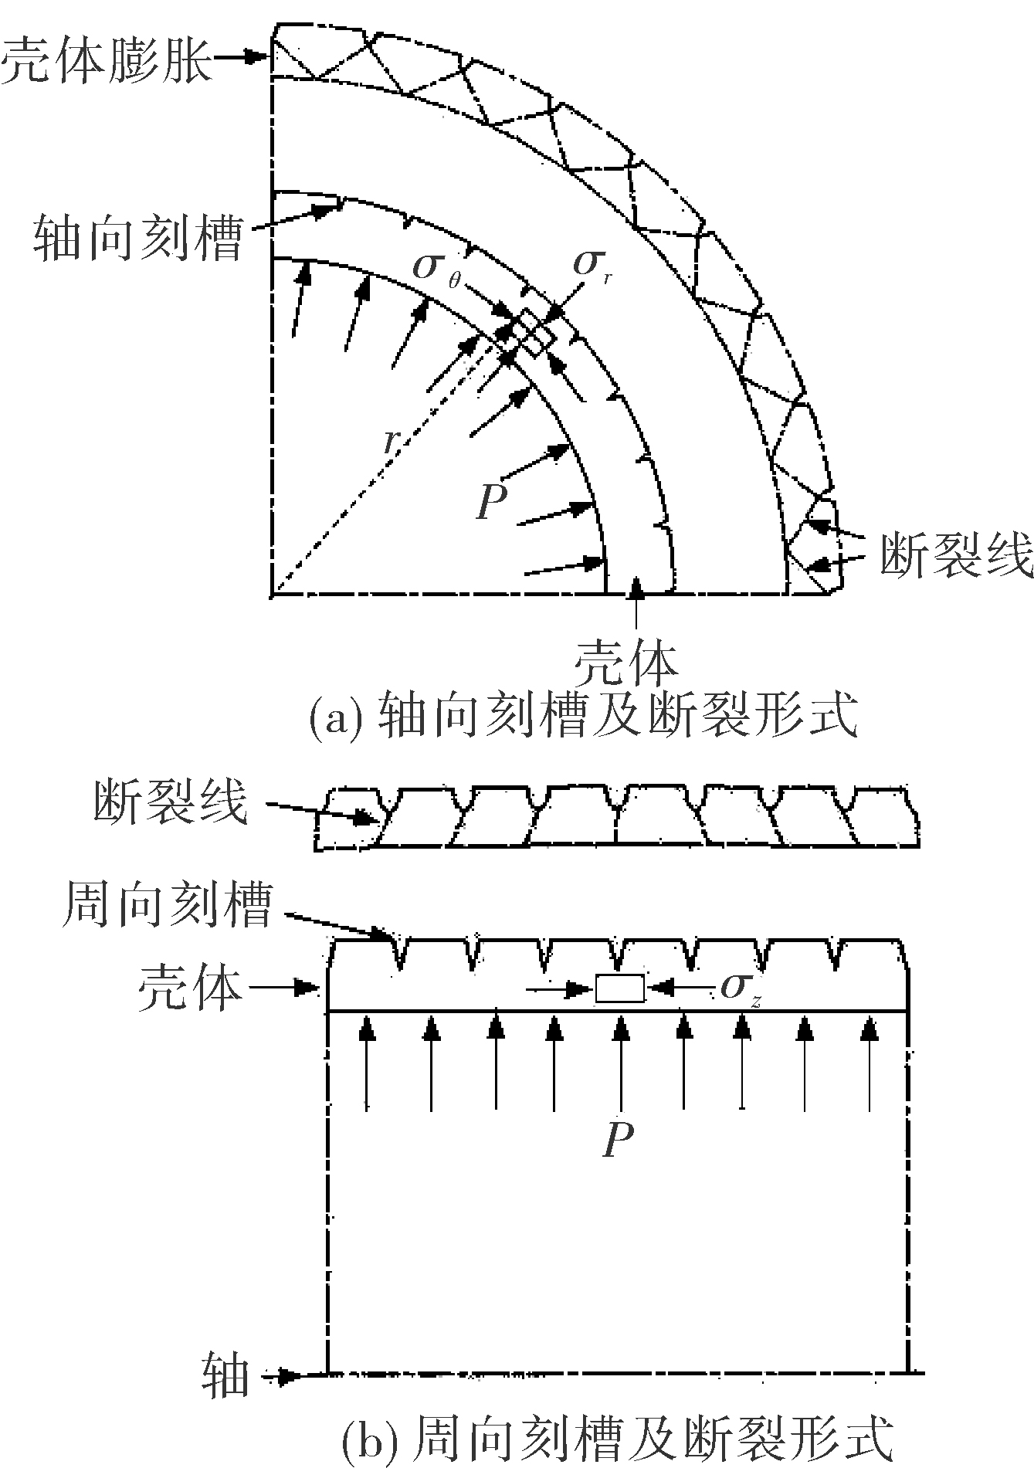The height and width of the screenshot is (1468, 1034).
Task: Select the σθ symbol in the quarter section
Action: click(x=437, y=270)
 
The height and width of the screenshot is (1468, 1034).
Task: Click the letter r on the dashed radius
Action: click(x=392, y=440)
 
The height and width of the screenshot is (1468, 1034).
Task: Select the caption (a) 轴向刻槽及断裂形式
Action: click(x=583, y=716)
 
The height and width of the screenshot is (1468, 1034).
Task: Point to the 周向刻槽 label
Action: click(x=166, y=904)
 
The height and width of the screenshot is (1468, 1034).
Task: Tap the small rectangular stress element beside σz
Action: click(x=619, y=988)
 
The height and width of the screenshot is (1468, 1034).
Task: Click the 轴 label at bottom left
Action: click(x=226, y=1374)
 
